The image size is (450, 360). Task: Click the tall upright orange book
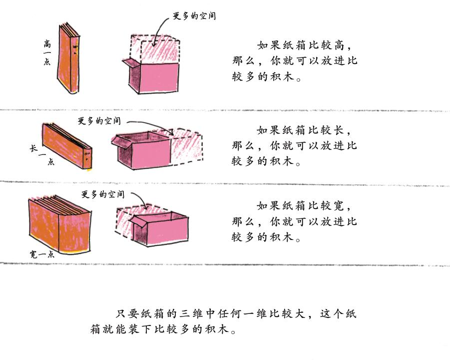tap(69, 60)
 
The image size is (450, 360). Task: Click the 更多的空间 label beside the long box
tap(99, 121)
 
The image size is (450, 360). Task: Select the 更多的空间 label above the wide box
tap(102, 194)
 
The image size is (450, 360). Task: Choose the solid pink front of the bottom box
tap(168, 232)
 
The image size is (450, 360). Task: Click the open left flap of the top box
tap(128, 63)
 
